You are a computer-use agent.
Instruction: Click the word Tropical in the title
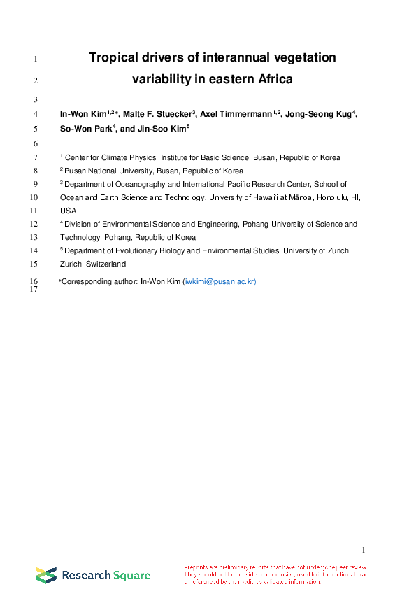point(113,57)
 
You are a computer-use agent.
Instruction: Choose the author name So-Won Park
point(85,129)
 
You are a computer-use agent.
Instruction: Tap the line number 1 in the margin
point(36,59)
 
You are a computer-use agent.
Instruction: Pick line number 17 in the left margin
point(34,290)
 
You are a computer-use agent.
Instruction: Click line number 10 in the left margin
point(34,198)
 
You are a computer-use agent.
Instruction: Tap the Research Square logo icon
point(46,575)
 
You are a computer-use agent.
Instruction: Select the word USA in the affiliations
point(68,211)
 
